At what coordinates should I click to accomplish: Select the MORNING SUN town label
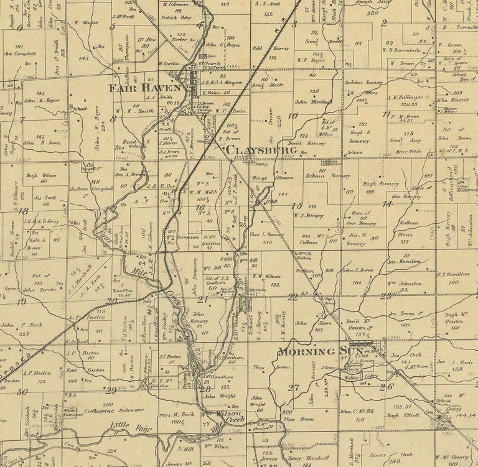(312, 352)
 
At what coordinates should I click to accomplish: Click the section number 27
(294, 387)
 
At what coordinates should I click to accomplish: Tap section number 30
(23, 391)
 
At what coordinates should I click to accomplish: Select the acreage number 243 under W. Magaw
(84, 59)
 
